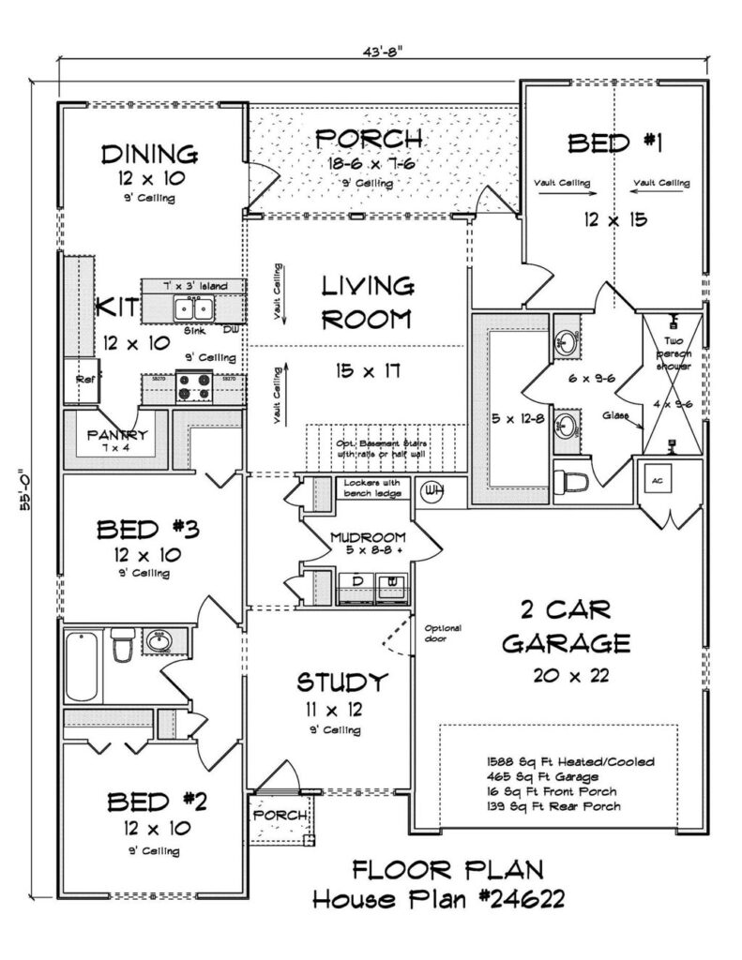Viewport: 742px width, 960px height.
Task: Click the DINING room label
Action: [x=149, y=153]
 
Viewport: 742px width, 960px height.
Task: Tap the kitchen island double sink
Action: [x=194, y=307]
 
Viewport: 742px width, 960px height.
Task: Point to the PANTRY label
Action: [x=116, y=435]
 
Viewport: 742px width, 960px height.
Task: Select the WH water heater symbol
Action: [x=433, y=489]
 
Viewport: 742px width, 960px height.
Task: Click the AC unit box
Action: [x=657, y=479]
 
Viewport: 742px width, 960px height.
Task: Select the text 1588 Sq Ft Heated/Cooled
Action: [x=570, y=762]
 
